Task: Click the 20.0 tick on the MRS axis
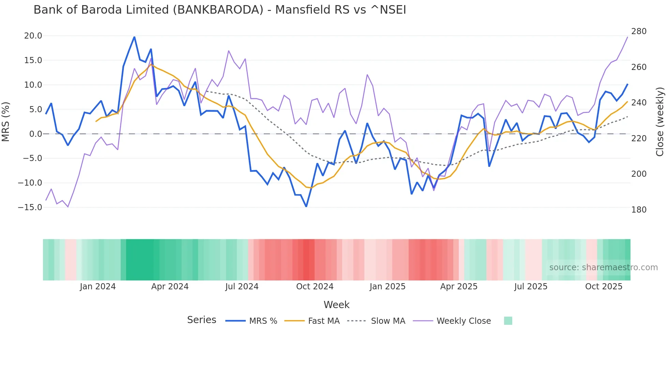tap(33, 36)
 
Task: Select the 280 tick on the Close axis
tap(639, 31)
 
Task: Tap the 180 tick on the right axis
tap(639, 210)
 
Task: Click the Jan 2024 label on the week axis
tap(98, 287)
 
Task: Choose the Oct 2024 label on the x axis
tap(315, 287)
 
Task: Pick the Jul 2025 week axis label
tap(531, 287)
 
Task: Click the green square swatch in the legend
tap(508, 321)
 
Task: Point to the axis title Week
tap(336, 305)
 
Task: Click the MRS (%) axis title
tap(6, 121)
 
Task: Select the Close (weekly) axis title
tap(660, 121)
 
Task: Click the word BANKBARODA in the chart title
tap(218, 10)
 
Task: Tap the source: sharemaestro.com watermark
tap(603, 267)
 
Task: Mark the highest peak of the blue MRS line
tap(134, 37)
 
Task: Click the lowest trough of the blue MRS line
tap(306, 206)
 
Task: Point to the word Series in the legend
tap(201, 320)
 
